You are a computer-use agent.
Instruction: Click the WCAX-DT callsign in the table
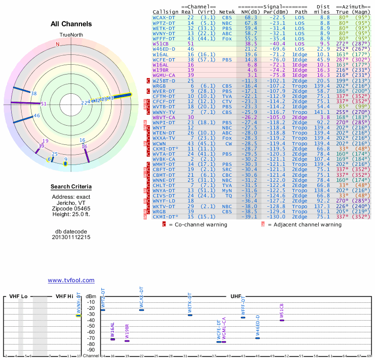[163, 17]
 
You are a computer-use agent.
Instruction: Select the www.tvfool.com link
[71, 280]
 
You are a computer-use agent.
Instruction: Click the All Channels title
[71, 24]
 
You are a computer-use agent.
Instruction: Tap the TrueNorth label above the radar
[71, 35]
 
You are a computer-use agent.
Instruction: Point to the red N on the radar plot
[58, 45]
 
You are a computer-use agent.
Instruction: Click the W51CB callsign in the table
[161, 43]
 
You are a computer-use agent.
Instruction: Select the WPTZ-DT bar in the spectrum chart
[103, 310]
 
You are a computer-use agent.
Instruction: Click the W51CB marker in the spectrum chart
[282, 320]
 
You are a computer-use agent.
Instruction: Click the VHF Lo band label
[18, 297]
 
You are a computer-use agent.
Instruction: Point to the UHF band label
[236, 297]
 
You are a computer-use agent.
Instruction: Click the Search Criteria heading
[71, 187]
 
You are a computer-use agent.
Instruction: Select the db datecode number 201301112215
[71, 237]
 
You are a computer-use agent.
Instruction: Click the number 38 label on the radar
[34, 93]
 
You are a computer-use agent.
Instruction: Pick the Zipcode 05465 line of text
[71, 209]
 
